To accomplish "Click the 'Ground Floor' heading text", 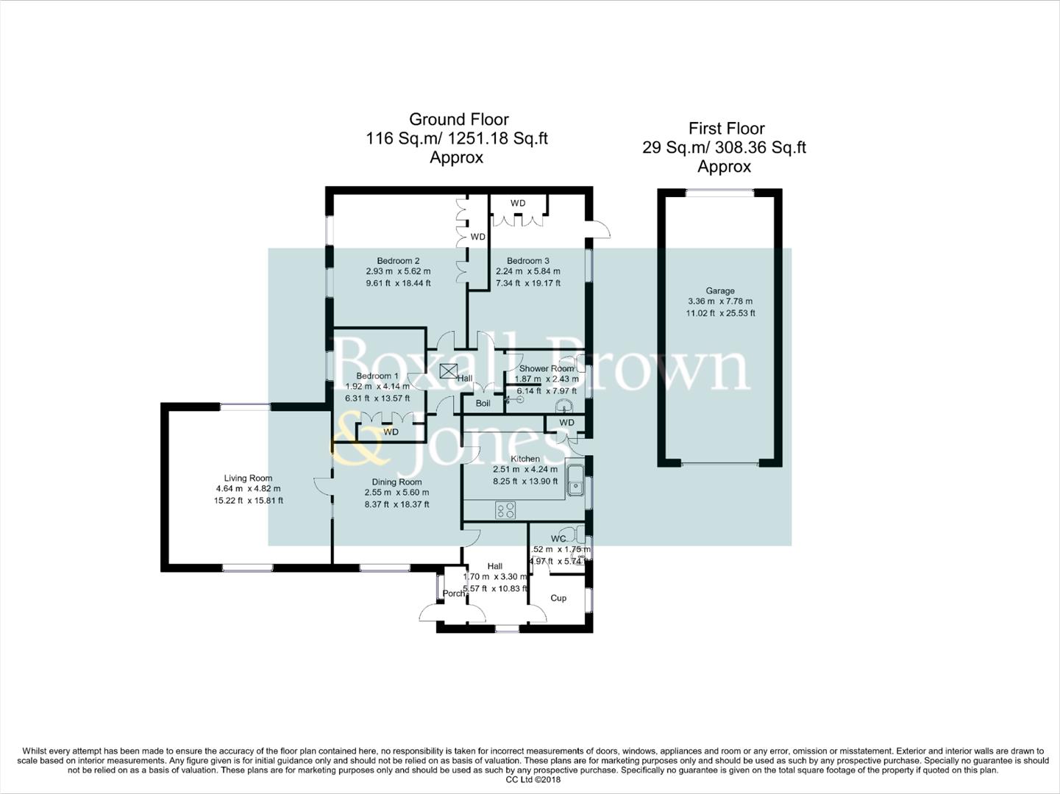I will click(458, 119).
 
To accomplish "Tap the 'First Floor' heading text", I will click(725, 129).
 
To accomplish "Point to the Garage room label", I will click(720, 291).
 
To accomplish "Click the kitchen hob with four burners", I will click(505, 510).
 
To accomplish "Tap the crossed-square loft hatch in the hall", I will click(448, 371).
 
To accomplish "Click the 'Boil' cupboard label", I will click(483, 404).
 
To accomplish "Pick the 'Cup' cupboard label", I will click(558, 598).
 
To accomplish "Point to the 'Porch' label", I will click(454, 593).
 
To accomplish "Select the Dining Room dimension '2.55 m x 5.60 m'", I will click(396, 493).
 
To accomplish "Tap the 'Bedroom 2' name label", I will click(398, 261).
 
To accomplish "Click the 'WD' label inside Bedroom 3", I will click(518, 203).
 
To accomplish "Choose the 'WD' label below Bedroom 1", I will click(391, 432).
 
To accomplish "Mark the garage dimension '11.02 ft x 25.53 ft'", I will click(720, 313).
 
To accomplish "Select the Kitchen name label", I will click(525, 459).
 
